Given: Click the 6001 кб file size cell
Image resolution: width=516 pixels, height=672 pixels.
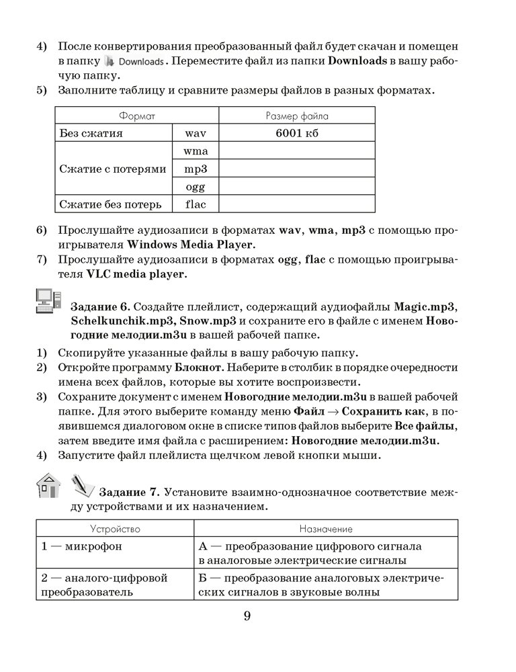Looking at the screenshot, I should coord(296,133).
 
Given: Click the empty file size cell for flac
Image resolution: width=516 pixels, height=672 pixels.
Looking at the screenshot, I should coord(296,204).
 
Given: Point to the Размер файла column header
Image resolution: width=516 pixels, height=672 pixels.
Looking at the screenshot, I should coord(296,116).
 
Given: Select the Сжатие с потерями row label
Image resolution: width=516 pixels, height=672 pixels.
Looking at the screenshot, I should coord(113,169).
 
